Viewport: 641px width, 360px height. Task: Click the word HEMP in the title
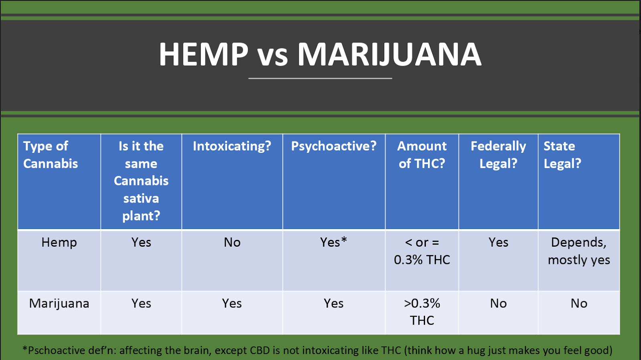[204, 54]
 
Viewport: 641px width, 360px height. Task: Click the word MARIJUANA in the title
[389, 54]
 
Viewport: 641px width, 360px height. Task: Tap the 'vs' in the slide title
[272, 57]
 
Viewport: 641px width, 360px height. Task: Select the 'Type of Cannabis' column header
[50, 155]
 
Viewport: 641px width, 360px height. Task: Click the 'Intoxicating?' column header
[232, 147]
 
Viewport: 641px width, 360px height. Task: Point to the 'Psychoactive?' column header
[334, 147]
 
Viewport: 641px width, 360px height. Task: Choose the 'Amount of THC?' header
[422, 155]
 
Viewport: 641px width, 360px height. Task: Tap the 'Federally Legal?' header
[498, 155]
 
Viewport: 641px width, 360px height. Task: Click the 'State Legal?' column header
[562, 155]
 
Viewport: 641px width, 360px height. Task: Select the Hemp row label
[59, 243]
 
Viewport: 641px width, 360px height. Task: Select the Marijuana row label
[59, 304]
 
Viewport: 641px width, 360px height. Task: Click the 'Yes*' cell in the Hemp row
[334, 242]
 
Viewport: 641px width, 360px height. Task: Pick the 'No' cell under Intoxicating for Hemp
[232, 243]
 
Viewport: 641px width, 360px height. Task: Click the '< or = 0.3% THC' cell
[422, 251]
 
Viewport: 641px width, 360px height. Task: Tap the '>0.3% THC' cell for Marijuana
[422, 312]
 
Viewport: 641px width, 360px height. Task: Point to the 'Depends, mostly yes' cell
[579, 251]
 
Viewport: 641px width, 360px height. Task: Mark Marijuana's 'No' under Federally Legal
[498, 304]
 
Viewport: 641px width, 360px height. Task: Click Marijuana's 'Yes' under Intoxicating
[232, 304]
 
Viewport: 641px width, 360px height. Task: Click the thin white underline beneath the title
[320, 78]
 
